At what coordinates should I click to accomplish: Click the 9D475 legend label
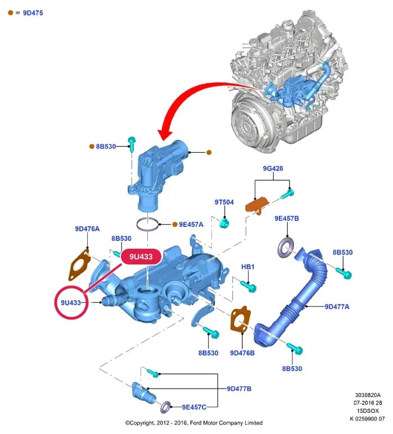point(33,13)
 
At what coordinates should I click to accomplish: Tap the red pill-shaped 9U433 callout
point(141,257)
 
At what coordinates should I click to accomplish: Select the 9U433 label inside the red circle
point(71,303)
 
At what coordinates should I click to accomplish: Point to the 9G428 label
point(273,168)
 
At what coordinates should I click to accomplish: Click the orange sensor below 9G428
point(257,205)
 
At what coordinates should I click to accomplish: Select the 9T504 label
point(224,202)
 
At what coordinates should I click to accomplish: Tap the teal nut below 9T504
point(224,223)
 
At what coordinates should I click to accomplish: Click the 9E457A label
point(191,225)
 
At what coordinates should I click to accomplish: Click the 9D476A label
point(87,229)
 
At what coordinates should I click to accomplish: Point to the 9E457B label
point(287,218)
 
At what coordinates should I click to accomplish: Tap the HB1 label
point(248,267)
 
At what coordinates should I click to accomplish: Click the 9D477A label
point(337,307)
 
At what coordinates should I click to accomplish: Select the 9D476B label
point(242,353)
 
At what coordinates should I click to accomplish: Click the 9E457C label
point(194,407)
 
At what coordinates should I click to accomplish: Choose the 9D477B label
point(239,389)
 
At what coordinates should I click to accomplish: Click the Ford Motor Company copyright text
point(194,423)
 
